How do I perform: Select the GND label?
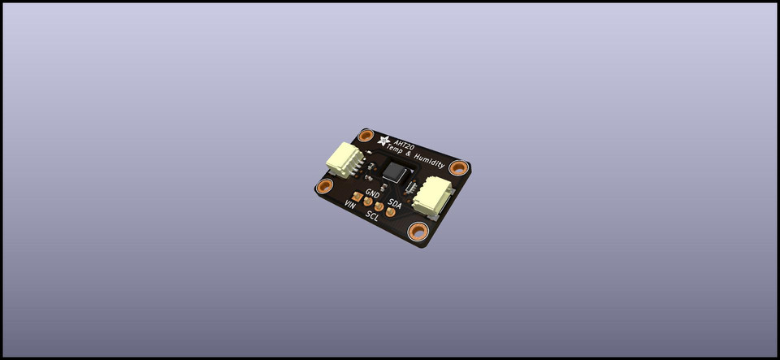[x=373, y=193]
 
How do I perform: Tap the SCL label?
[x=373, y=215]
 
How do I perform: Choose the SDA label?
[x=395, y=202]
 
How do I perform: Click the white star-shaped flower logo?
[x=368, y=137]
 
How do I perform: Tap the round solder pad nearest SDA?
[x=390, y=213]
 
